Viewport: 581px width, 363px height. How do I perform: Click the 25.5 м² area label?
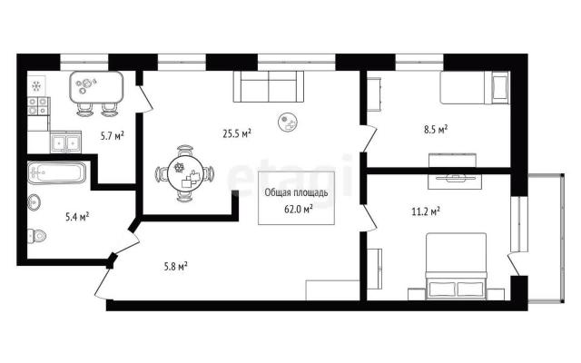click(237, 133)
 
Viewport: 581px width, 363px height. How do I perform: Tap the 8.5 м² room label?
click(436, 130)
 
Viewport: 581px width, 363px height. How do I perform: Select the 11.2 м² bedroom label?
click(426, 211)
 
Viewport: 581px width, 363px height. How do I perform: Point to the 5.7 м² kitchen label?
click(113, 136)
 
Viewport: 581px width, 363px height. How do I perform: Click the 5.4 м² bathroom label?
click(77, 217)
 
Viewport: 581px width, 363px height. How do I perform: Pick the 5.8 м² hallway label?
click(175, 266)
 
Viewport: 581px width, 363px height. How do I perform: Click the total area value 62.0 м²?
click(299, 209)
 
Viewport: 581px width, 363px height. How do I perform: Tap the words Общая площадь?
click(296, 192)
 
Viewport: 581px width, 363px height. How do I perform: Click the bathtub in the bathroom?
click(56, 172)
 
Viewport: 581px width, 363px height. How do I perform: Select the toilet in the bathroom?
click(36, 236)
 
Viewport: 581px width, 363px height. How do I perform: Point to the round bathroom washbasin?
click(34, 202)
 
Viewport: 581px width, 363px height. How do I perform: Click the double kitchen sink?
click(65, 142)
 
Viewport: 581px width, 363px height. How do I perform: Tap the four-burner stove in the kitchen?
click(38, 106)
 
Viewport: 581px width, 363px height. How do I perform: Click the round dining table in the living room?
click(185, 173)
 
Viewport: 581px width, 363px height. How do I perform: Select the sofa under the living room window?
click(269, 86)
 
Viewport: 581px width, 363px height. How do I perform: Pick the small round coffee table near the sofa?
click(289, 122)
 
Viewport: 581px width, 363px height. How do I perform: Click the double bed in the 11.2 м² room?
click(456, 266)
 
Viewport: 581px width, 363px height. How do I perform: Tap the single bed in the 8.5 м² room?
click(475, 87)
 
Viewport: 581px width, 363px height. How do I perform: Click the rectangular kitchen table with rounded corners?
click(96, 88)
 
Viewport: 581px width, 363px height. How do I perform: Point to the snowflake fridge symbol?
click(36, 86)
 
